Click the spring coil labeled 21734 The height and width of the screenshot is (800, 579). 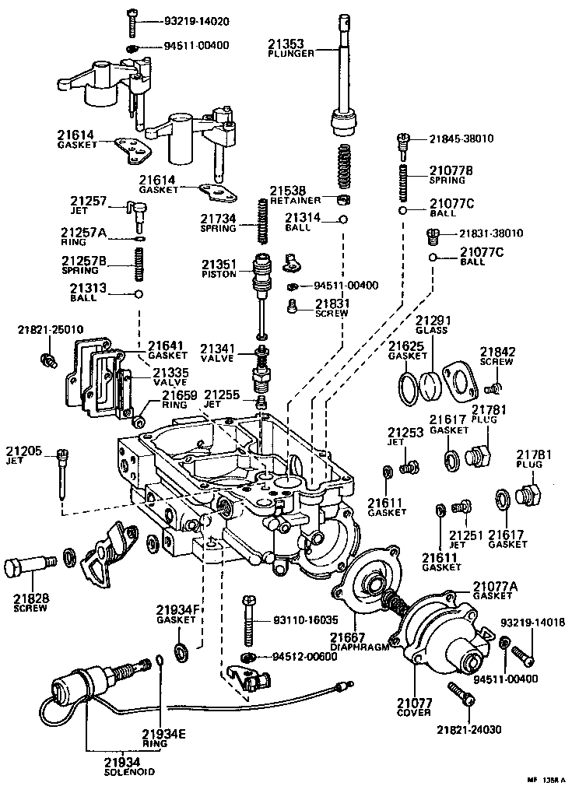(264, 222)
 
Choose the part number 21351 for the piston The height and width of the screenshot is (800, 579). (220, 264)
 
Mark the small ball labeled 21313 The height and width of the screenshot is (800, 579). (139, 294)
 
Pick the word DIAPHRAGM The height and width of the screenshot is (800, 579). (359, 645)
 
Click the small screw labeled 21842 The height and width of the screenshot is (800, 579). (491, 386)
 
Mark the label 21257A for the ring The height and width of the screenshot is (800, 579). (83, 233)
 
